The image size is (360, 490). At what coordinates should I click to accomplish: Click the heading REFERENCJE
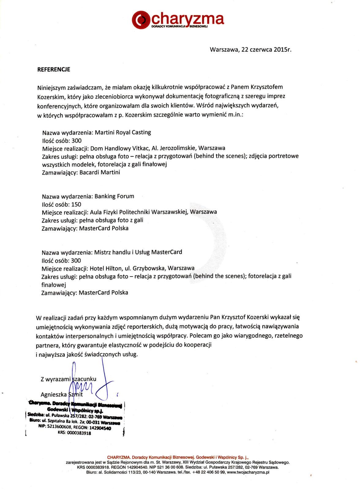point(54,70)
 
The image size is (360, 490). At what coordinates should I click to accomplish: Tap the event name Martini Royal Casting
point(123,133)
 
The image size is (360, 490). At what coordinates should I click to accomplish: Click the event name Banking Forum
point(114,196)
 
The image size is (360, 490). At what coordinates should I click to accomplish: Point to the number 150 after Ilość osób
point(76,204)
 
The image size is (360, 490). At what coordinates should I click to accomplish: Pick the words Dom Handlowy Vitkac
point(120,148)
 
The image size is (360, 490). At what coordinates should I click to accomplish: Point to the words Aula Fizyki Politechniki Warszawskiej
point(139,212)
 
